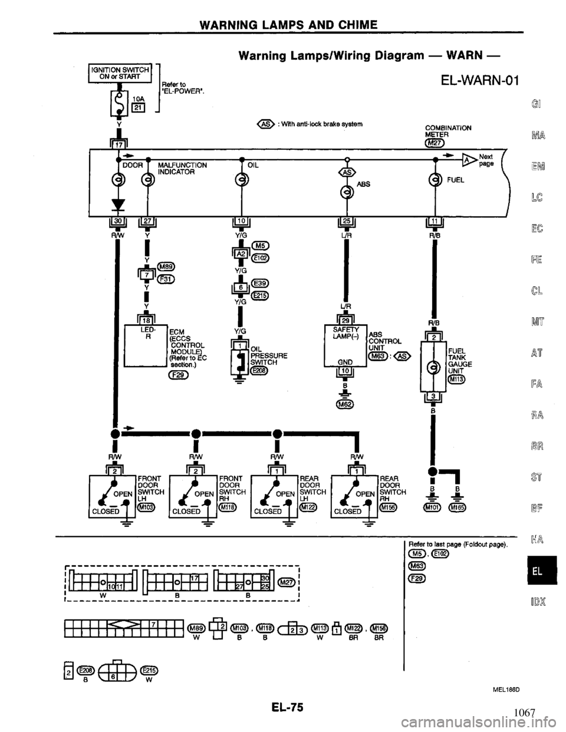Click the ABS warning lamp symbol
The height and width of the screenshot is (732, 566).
pos(348,192)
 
